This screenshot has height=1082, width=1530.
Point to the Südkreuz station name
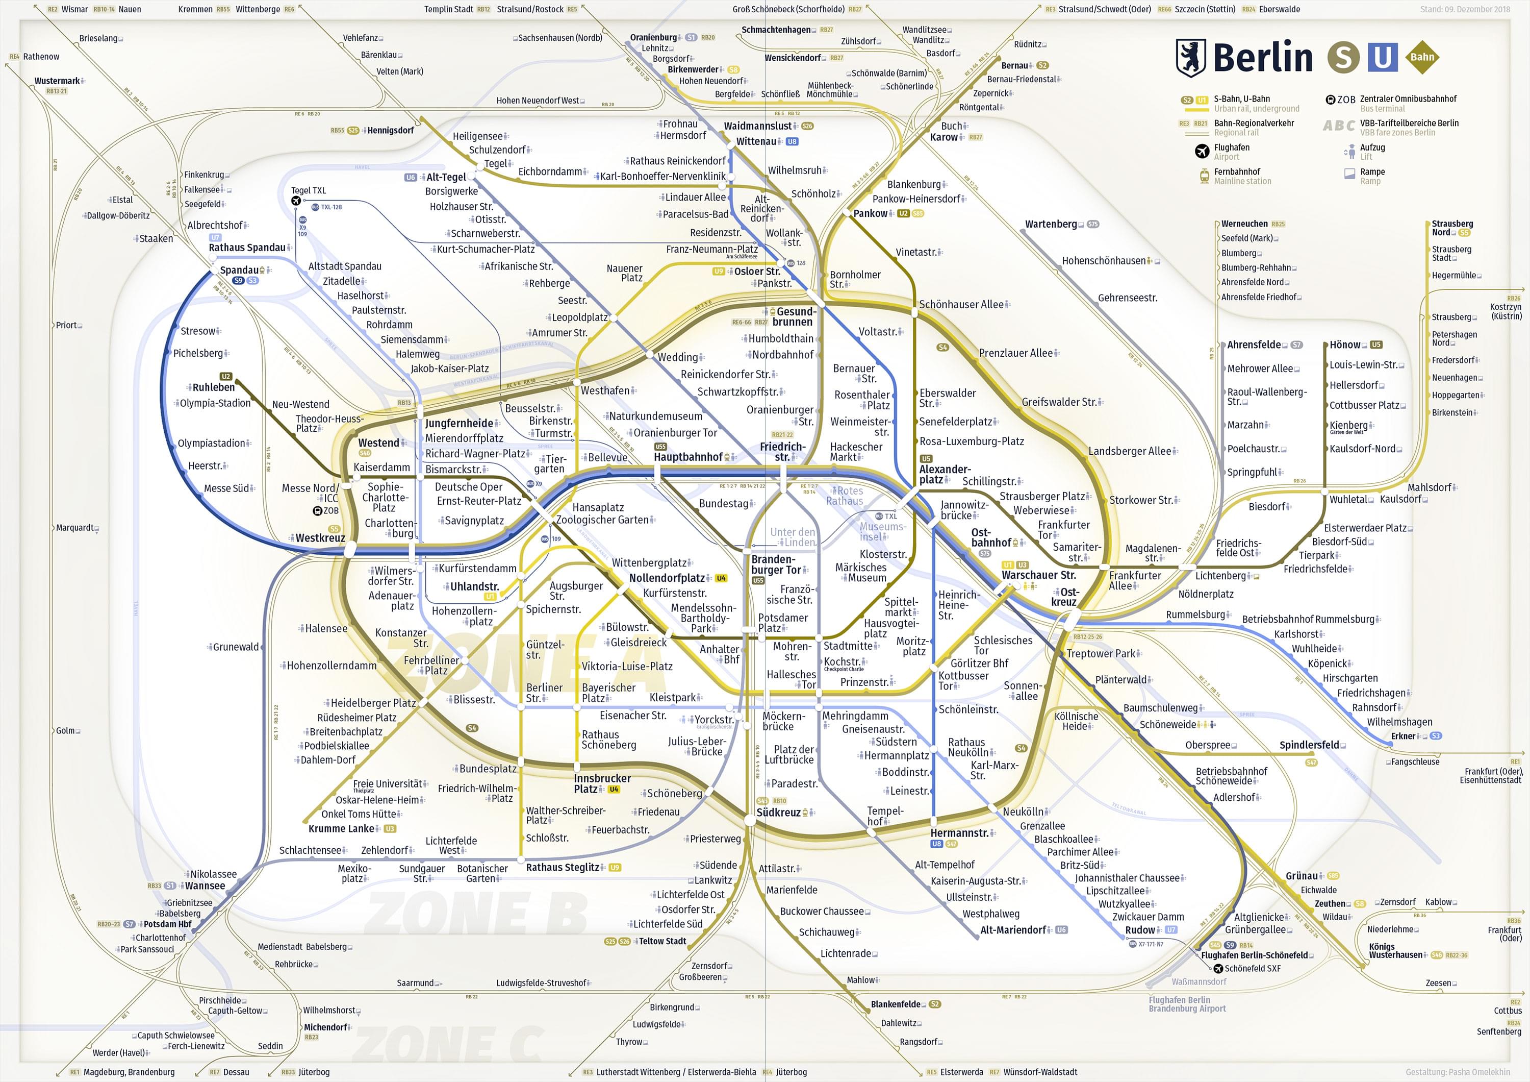click(x=778, y=813)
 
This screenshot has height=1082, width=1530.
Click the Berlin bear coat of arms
click(x=1191, y=58)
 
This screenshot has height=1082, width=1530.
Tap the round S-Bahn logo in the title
click(x=1343, y=58)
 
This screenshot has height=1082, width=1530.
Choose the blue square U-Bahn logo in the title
click(x=1383, y=58)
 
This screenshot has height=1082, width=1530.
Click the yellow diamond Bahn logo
click(x=1421, y=57)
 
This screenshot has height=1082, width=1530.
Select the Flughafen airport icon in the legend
click(x=1202, y=152)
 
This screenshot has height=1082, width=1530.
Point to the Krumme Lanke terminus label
click(x=341, y=829)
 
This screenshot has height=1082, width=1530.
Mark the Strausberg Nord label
click(x=1452, y=228)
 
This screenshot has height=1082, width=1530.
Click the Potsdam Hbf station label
click(x=167, y=924)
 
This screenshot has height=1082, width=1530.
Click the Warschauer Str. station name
click(x=1038, y=575)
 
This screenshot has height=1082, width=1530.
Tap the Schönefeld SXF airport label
click(x=1252, y=969)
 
